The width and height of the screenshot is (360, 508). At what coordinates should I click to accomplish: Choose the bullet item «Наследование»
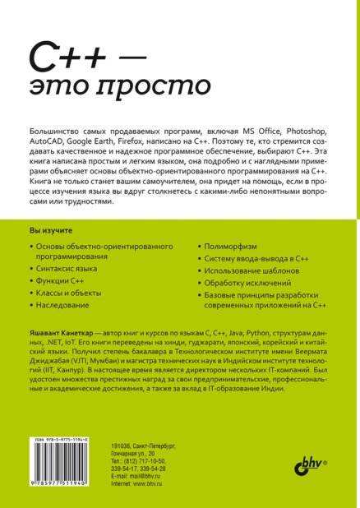pyautogui.click(x=66, y=305)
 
